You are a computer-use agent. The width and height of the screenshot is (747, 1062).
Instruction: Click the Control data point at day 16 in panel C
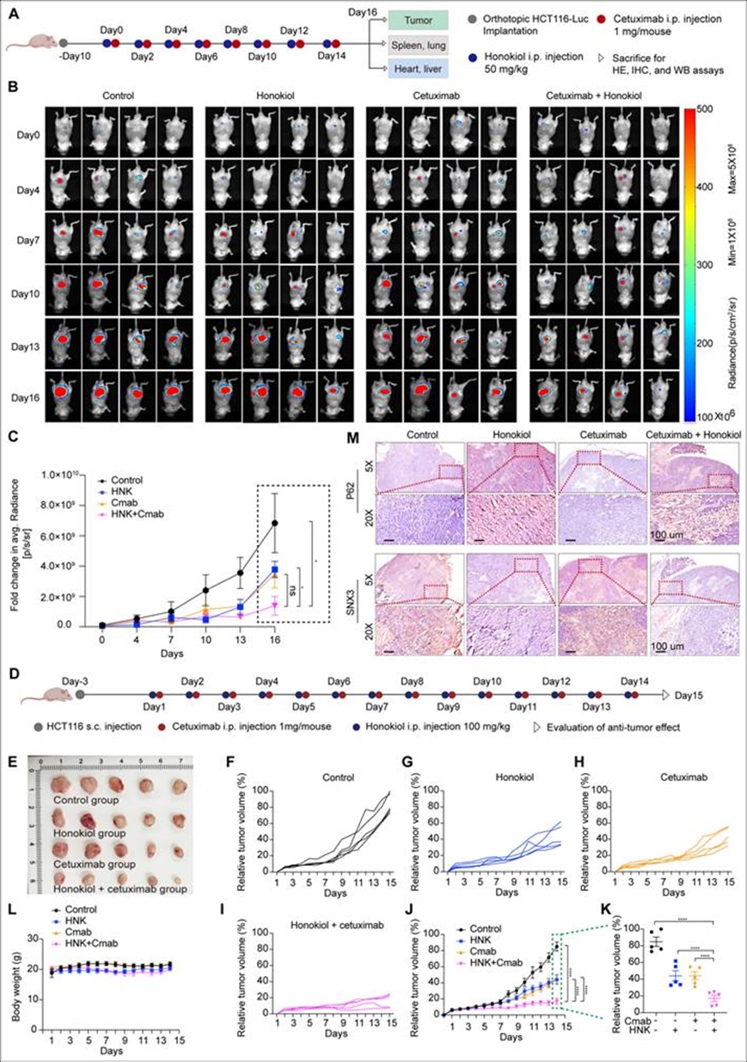click(275, 522)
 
